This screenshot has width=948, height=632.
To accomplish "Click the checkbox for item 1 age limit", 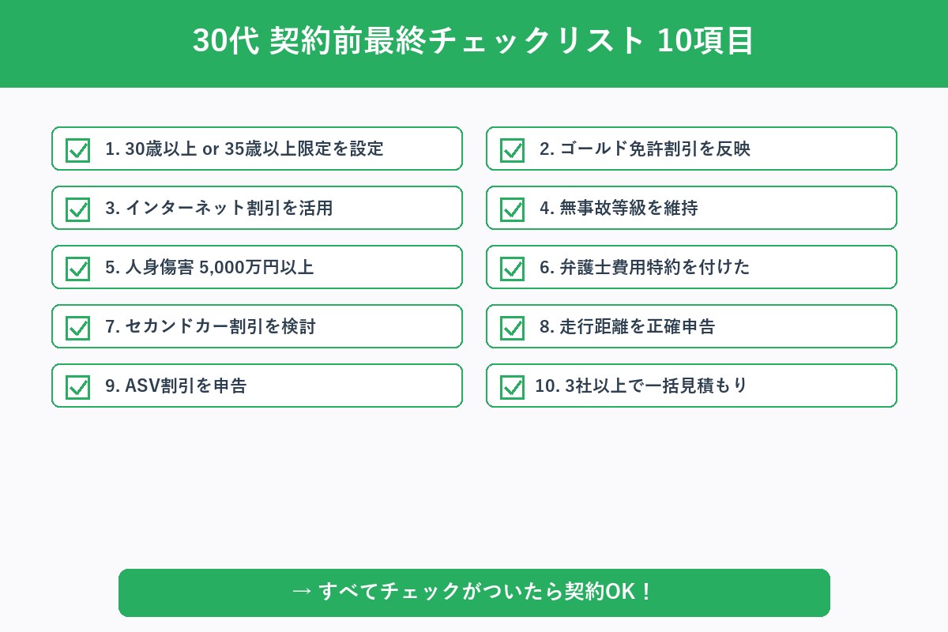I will click(77, 149).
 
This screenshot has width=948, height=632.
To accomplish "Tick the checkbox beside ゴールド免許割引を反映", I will click(512, 149).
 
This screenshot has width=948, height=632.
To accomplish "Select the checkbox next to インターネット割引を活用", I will click(77, 209).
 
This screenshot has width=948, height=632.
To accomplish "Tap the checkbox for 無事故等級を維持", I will click(512, 209).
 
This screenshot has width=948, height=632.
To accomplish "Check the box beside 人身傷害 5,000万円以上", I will click(77, 268).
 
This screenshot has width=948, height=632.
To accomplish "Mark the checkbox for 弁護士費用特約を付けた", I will click(512, 268).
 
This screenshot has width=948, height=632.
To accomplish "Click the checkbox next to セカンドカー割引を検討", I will click(77, 327).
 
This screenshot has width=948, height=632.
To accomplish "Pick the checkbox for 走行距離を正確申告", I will click(512, 327).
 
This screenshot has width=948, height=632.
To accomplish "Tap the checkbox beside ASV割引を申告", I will click(77, 386).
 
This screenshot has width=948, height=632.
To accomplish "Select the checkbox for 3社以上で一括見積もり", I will click(512, 386).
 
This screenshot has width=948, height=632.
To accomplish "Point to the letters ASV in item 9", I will click(142, 386).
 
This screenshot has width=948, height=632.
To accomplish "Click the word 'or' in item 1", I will click(211, 149).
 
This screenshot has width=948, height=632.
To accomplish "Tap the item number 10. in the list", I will click(547, 386).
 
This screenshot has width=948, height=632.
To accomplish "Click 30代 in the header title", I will click(226, 42).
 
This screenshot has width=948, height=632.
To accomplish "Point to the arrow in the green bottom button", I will click(301, 592).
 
